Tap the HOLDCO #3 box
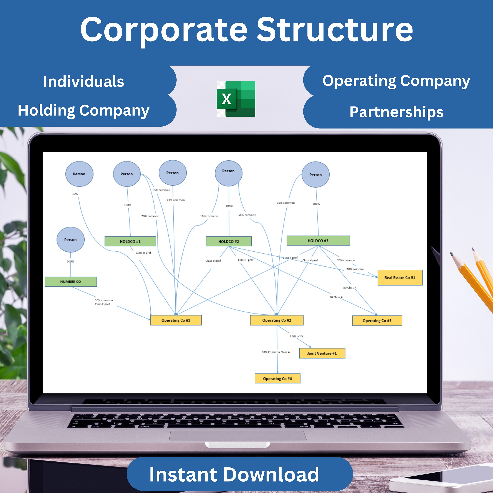tap(318, 241)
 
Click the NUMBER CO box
tap(71, 282)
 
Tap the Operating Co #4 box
tap(277, 379)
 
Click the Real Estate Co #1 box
tap(400, 278)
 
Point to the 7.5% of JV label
tap(296, 336)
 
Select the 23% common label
tap(176, 200)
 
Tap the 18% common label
tap(209, 216)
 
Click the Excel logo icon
tap(236, 99)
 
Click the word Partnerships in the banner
tap(396, 112)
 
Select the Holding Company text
tap(83, 110)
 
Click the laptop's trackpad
tap(238, 435)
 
